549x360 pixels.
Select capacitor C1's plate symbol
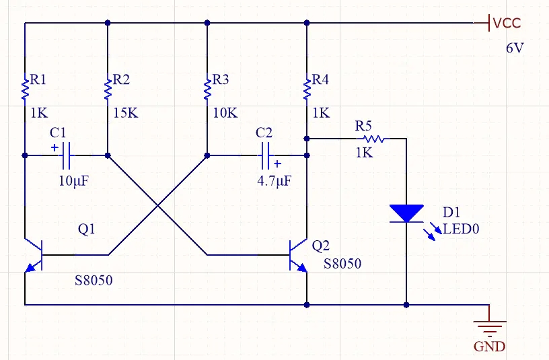point(66,155)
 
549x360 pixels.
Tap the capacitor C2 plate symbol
point(265,155)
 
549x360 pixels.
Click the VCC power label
point(506,24)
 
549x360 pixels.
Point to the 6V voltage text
point(515,49)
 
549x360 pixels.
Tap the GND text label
point(489,347)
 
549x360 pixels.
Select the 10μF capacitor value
point(73,181)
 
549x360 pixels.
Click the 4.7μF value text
point(272,181)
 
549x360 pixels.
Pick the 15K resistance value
point(125,113)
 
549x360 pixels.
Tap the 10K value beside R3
point(225,113)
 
